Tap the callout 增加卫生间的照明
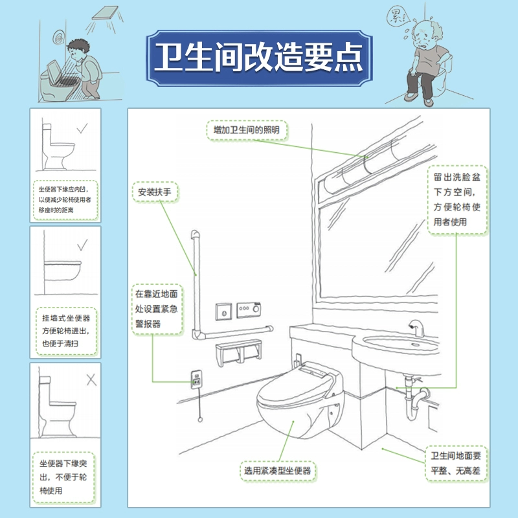pyautogui.click(x=247, y=130)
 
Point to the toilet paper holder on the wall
pyautogui.click(x=240, y=355)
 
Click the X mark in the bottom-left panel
pyautogui.click(x=91, y=380)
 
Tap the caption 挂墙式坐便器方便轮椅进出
pyautogui.click(x=65, y=332)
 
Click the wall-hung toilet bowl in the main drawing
pyautogui.click(x=295, y=414)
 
